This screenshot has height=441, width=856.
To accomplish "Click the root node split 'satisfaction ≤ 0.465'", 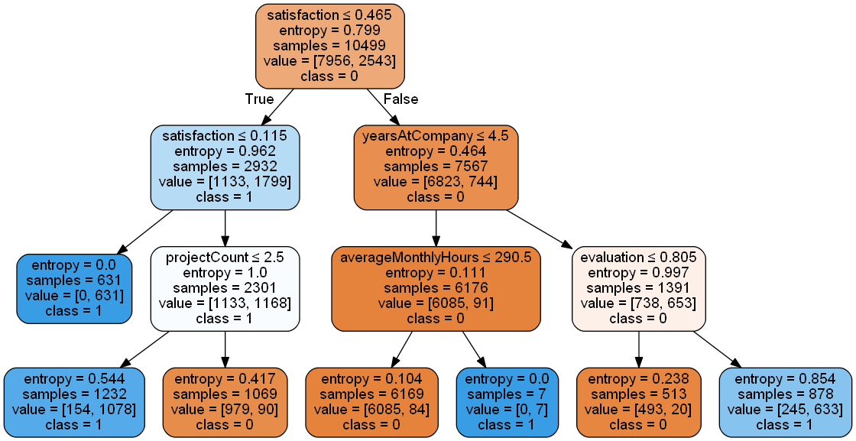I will click(x=329, y=15).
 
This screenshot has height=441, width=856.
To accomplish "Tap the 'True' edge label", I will click(x=259, y=99).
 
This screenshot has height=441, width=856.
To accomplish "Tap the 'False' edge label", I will click(x=400, y=99).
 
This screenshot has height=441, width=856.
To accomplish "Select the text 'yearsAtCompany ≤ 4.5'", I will click(x=436, y=136).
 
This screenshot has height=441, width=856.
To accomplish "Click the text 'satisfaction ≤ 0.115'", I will click(x=225, y=136).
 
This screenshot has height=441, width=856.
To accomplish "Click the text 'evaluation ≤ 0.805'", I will click(x=638, y=257).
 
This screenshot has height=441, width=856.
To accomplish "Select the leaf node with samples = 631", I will click(x=74, y=288).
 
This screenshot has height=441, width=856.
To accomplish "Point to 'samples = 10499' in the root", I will click(x=329, y=45).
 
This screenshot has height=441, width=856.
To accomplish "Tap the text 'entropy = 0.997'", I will click(x=638, y=273).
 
